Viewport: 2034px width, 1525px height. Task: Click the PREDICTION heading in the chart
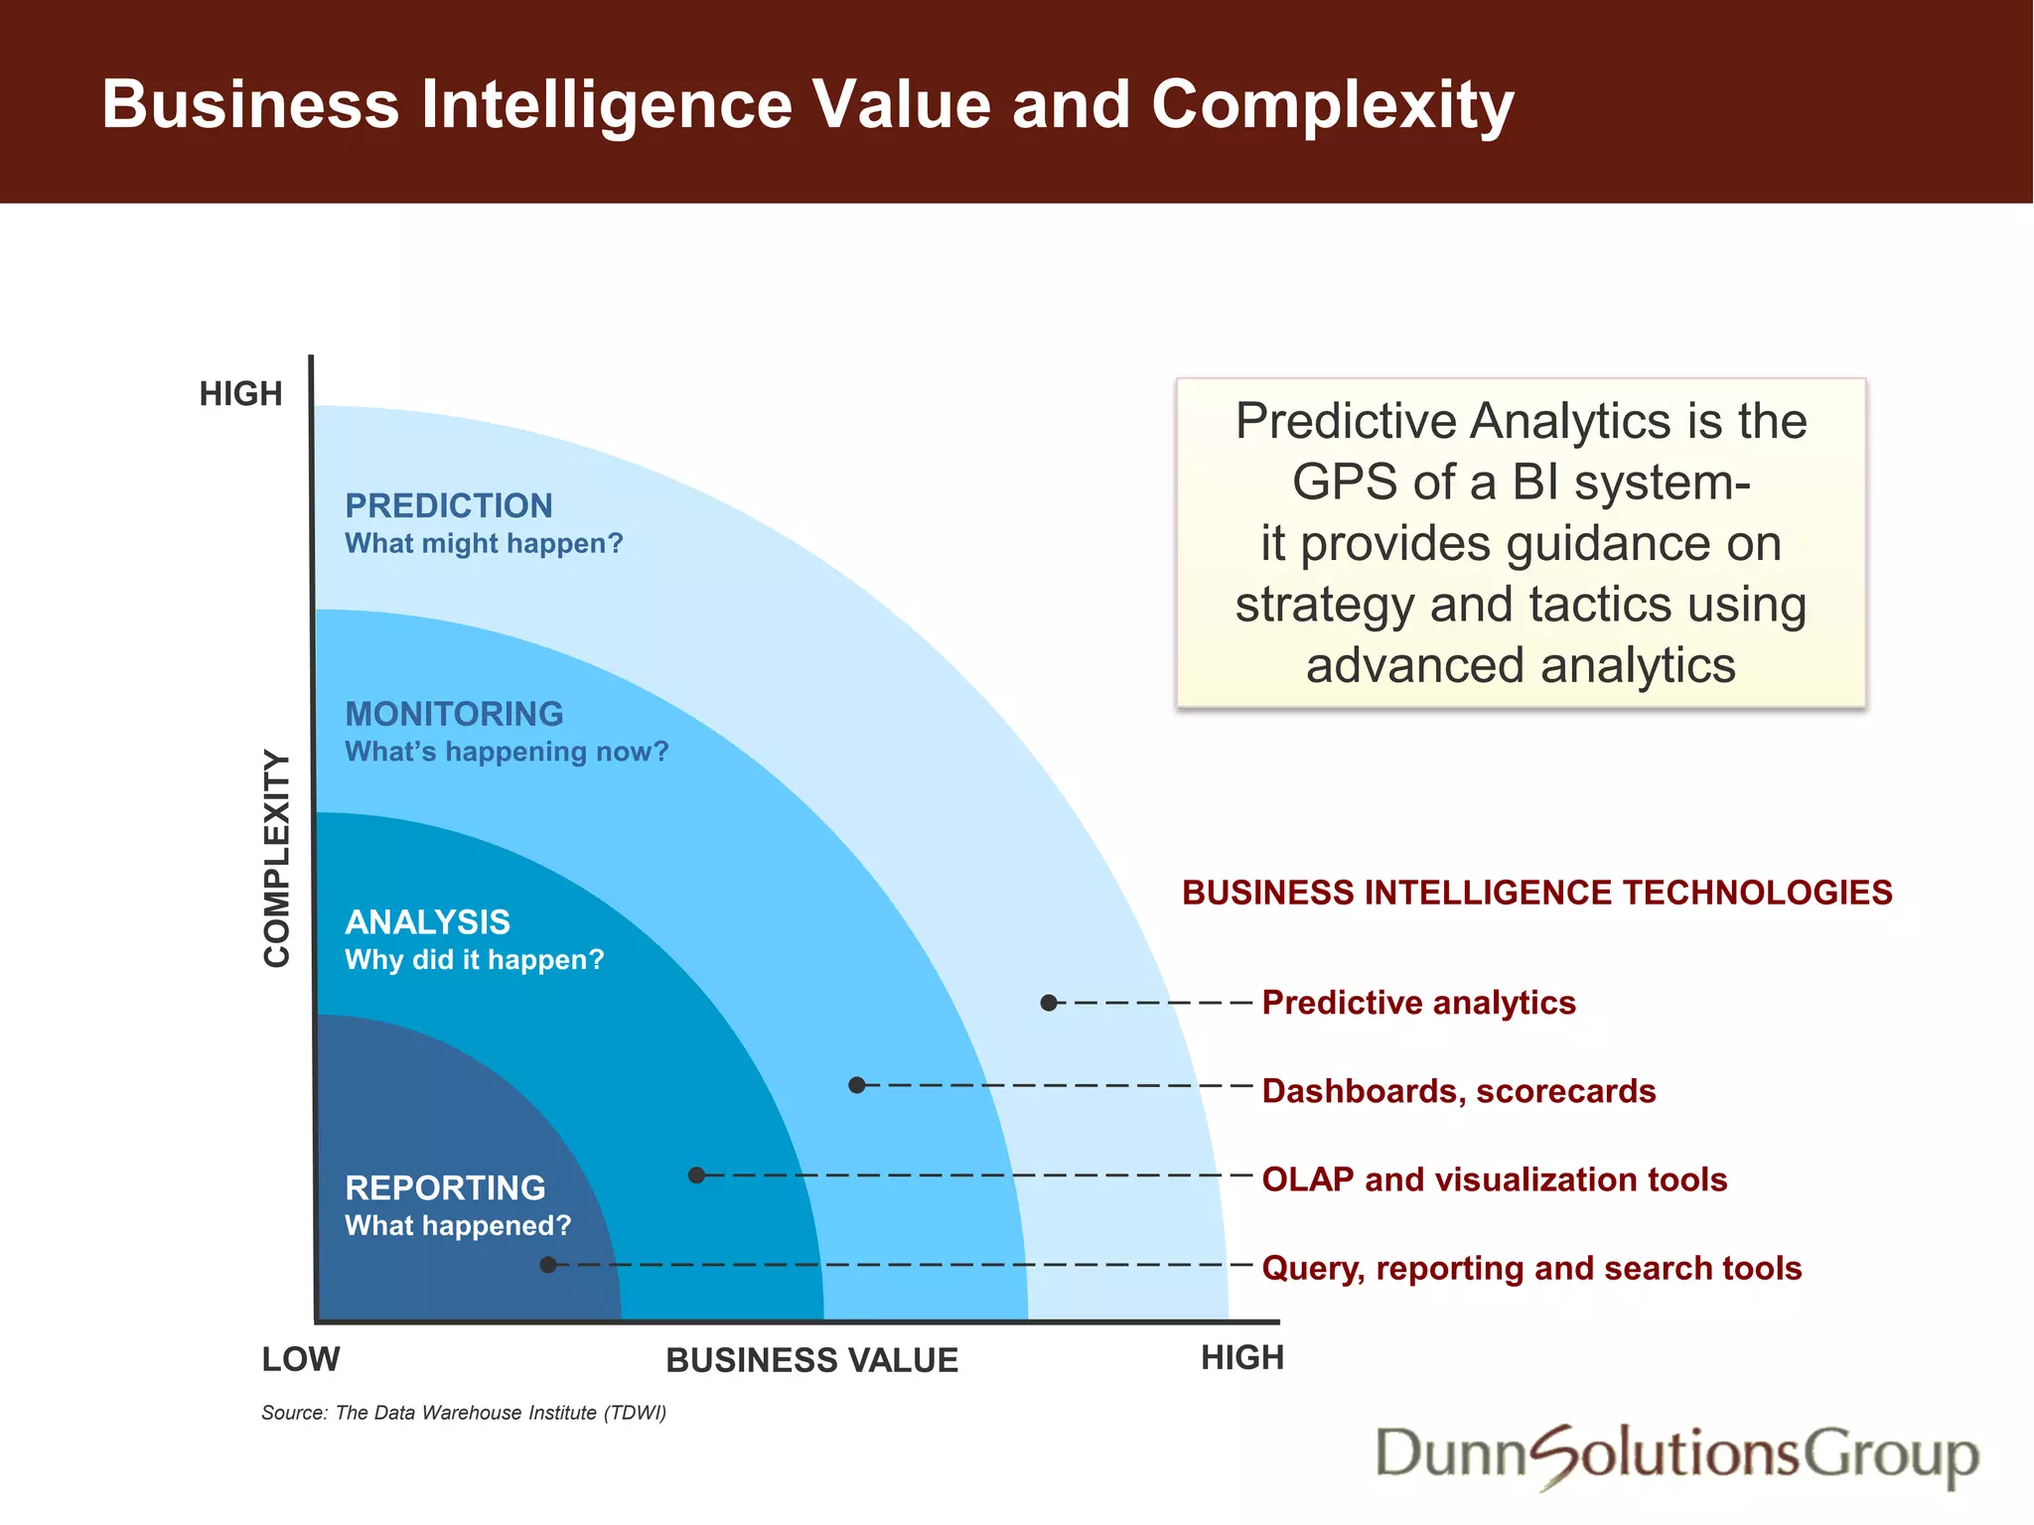point(448,506)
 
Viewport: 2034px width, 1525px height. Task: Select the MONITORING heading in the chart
point(454,714)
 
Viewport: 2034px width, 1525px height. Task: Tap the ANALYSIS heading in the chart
point(427,922)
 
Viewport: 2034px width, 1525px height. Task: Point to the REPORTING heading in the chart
point(445,1187)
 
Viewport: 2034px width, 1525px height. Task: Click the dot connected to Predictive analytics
point(1048,1003)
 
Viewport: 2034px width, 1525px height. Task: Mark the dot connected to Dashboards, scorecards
point(857,1085)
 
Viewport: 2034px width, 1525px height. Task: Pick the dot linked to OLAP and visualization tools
point(696,1176)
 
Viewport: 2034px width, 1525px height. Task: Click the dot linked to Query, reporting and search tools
point(548,1265)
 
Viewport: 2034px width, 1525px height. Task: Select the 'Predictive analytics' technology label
point(1418,1003)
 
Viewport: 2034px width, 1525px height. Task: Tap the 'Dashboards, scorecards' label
point(1458,1091)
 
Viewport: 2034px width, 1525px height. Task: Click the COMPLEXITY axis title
point(277,858)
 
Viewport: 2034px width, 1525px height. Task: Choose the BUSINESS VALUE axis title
point(811,1360)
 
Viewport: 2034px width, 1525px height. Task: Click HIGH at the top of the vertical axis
point(240,394)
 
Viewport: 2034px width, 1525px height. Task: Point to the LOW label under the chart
point(300,1359)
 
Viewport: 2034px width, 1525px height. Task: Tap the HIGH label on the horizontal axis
point(1241,1357)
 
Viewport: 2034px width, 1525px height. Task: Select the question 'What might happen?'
point(484,544)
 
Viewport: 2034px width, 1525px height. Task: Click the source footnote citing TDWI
point(464,1413)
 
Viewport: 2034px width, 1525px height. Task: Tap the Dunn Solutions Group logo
point(1676,1455)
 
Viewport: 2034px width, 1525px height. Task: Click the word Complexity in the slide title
point(1332,105)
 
